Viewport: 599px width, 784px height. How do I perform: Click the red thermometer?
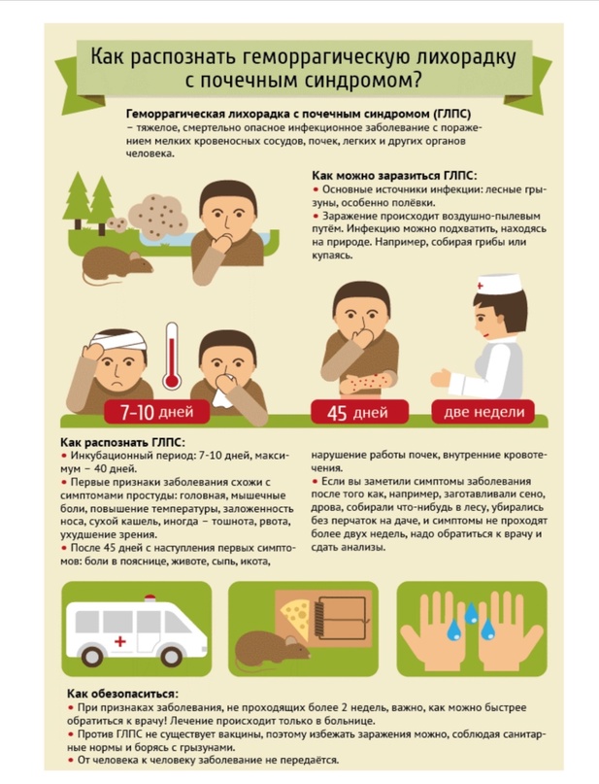click(x=172, y=357)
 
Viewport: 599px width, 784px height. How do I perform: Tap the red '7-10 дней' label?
click(x=157, y=412)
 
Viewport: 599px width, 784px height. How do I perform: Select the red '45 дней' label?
click(x=358, y=412)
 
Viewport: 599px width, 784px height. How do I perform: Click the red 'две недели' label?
click(x=483, y=412)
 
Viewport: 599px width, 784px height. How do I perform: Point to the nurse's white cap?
click(x=499, y=284)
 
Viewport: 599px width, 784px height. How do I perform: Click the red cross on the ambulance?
click(x=120, y=640)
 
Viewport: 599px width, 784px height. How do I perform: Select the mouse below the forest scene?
click(x=117, y=264)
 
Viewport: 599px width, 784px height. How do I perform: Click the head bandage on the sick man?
click(x=118, y=342)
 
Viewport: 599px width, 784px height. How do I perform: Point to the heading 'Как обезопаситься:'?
click(x=122, y=694)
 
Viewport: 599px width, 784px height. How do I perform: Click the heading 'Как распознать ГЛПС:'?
click(x=122, y=442)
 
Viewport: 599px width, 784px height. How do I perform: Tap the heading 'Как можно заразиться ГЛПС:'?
click(x=394, y=176)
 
